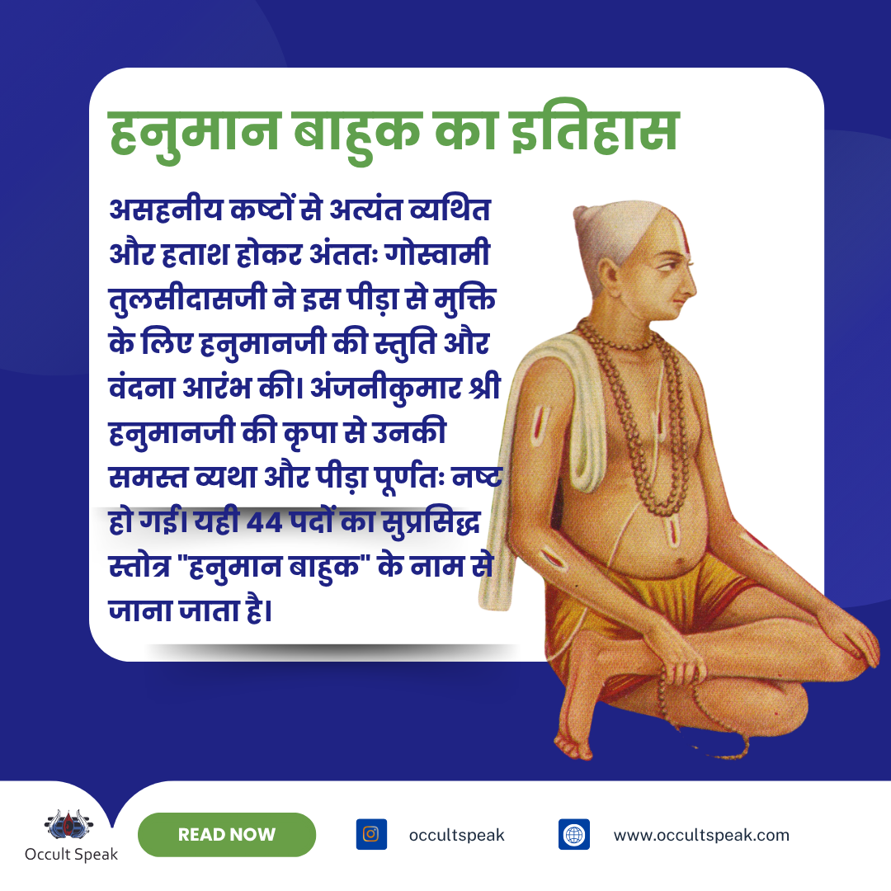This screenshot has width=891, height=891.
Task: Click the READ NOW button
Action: (227, 834)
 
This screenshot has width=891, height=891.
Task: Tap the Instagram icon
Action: (371, 834)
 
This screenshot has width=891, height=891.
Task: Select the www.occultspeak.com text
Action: (701, 835)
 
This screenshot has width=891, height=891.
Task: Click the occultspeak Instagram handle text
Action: (456, 835)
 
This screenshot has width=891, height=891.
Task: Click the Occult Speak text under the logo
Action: (71, 855)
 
